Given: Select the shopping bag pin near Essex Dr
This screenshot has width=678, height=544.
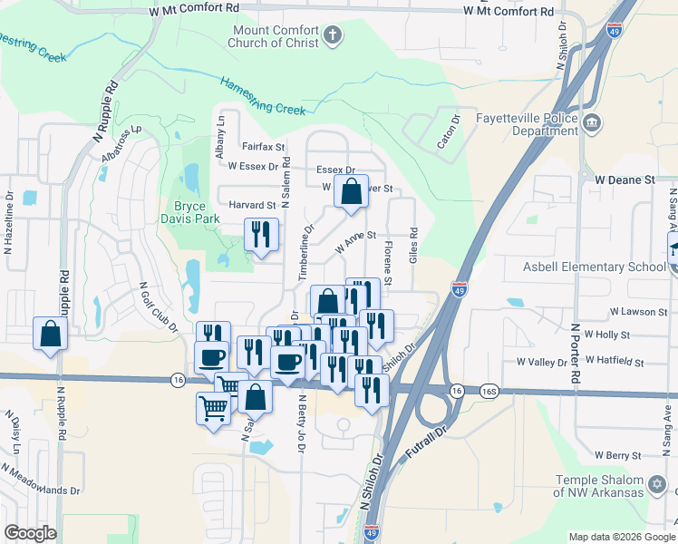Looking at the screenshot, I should pos(350,191).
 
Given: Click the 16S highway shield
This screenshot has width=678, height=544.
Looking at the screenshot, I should pos(489,391).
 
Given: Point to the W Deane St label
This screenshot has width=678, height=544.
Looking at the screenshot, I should pos(625,180).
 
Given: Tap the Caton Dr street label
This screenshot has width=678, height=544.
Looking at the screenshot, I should pos(450,131).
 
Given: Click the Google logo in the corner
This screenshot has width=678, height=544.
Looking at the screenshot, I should pos(30,533).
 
